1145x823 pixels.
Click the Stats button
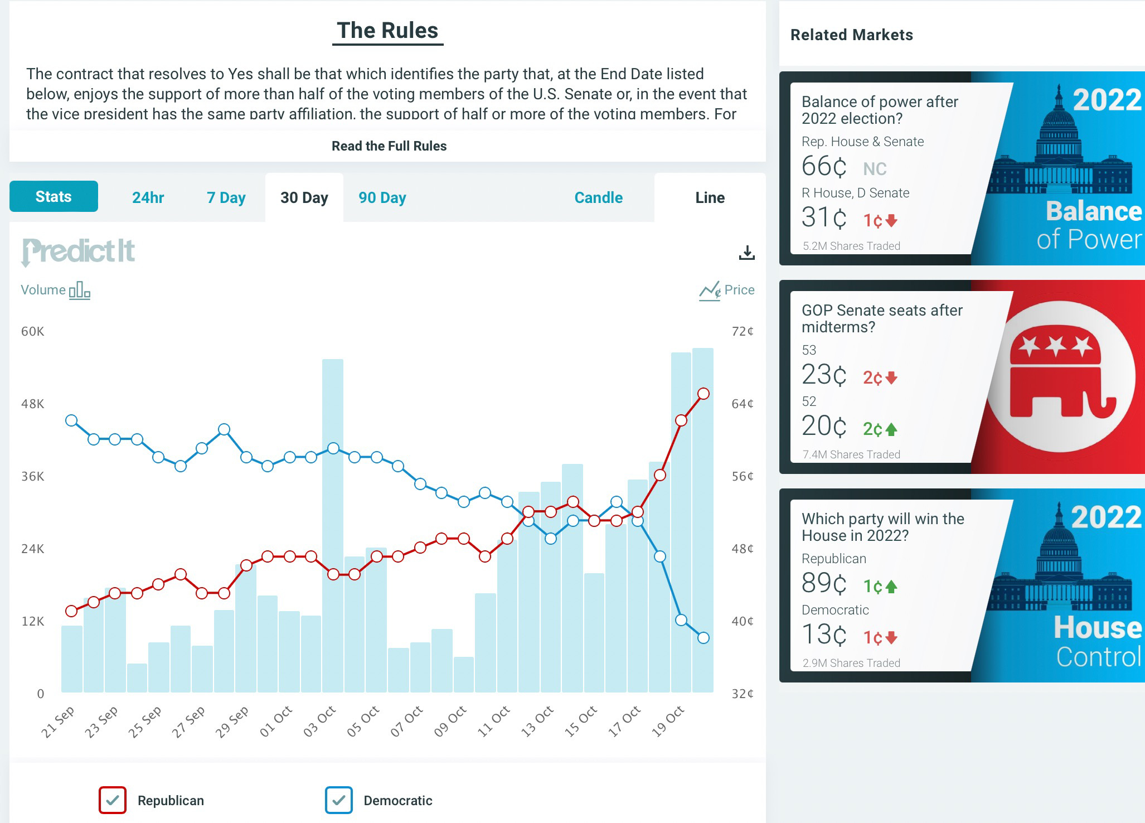pyautogui.click(x=54, y=196)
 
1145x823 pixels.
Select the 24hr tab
pyautogui.click(x=148, y=197)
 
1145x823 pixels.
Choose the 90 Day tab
pyautogui.click(x=382, y=197)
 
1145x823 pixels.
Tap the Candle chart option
pyautogui.click(x=598, y=197)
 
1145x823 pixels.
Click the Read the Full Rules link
pyautogui.click(x=389, y=146)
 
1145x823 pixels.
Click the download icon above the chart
pyautogui.click(x=746, y=253)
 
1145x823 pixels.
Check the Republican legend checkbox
pyautogui.click(x=113, y=800)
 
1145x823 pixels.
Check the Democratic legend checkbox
pyautogui.click(x=339, y=800)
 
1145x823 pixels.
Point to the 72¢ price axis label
pyautogui.click(x=742, y=331)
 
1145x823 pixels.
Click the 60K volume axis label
pyautogui.click(x=32, y=331)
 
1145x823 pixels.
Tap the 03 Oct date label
pyautogui.click(x=319, y=721)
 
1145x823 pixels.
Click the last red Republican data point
pyautogui.click(x=704, y=394)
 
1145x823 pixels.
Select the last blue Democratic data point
pyautogui.click(x=704, y=638)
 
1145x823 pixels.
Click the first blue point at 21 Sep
pyautogui.click(x=71, y=420)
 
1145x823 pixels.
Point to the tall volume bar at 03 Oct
pyautogui.click(x=333, y=502)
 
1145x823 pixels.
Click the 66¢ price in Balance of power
pyautogui.click(x=824, y=166)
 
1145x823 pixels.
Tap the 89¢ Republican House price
pyautogui.click(x=824, y=583)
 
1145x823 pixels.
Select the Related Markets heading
pyautogui.click(x=851, y=35)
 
